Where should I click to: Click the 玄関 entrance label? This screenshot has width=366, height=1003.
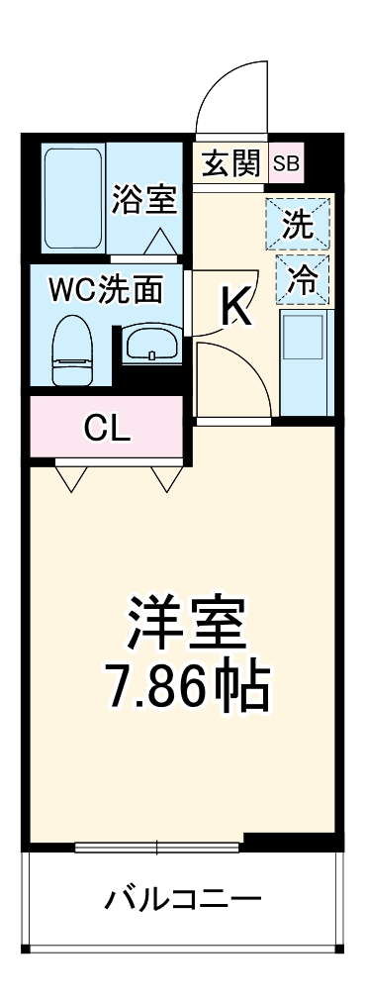pyautogui.click(x=230, y=163)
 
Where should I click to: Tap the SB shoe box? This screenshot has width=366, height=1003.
pyautogui.click(x=286, y=163)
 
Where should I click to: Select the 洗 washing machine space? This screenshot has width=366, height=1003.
pyautogui.click(x=298, y=225)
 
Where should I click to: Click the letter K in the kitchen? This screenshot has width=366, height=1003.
pyautogui.click(x=236, y=308)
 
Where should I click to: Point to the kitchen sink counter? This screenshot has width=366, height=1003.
pyautogui.click(x=304, y=361)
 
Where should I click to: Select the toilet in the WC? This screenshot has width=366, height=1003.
pyautogui.click(x=72, y=349)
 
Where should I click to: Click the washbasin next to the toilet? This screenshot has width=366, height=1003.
pyautogui.click(x=150, y=346)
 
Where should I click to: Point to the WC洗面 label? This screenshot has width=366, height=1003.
pyautogui.click(x=107, y=290)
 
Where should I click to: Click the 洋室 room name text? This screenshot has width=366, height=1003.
pyautogui.click(x=185, y=622)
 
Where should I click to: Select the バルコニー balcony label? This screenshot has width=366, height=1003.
pyautogui.click(x=184, y=900)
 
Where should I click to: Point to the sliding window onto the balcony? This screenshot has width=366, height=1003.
pyautogui.click(x=157, y=846)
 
